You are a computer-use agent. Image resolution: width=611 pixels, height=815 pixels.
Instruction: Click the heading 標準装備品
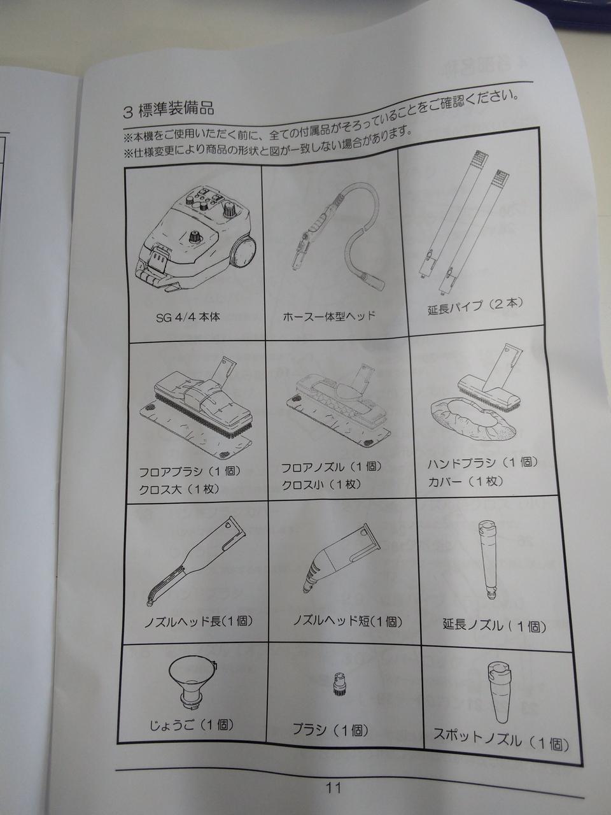(x=176, y=110)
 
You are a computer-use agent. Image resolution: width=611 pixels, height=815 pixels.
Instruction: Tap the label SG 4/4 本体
(x=188, y=318)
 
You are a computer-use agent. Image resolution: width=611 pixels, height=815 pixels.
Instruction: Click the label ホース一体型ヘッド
(x=328, y=316)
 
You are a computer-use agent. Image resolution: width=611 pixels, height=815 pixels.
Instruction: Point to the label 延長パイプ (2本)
(x=475, y=307)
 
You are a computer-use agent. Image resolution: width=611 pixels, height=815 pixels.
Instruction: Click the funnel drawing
(x=192, y=682)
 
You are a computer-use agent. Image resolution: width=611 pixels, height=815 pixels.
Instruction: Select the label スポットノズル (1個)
(x=501, y=740)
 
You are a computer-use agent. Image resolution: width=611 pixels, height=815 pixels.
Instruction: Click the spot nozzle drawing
(x=501, y=691)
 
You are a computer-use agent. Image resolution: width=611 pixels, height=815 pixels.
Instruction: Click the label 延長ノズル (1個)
(x=494, y=626)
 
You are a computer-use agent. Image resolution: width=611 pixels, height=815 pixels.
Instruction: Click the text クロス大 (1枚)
(x=179, y=489)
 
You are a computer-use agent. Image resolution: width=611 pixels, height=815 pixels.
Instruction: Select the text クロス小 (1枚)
(x=321, y=484)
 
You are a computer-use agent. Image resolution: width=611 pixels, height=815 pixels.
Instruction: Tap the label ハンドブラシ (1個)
(x=482, y=463)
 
